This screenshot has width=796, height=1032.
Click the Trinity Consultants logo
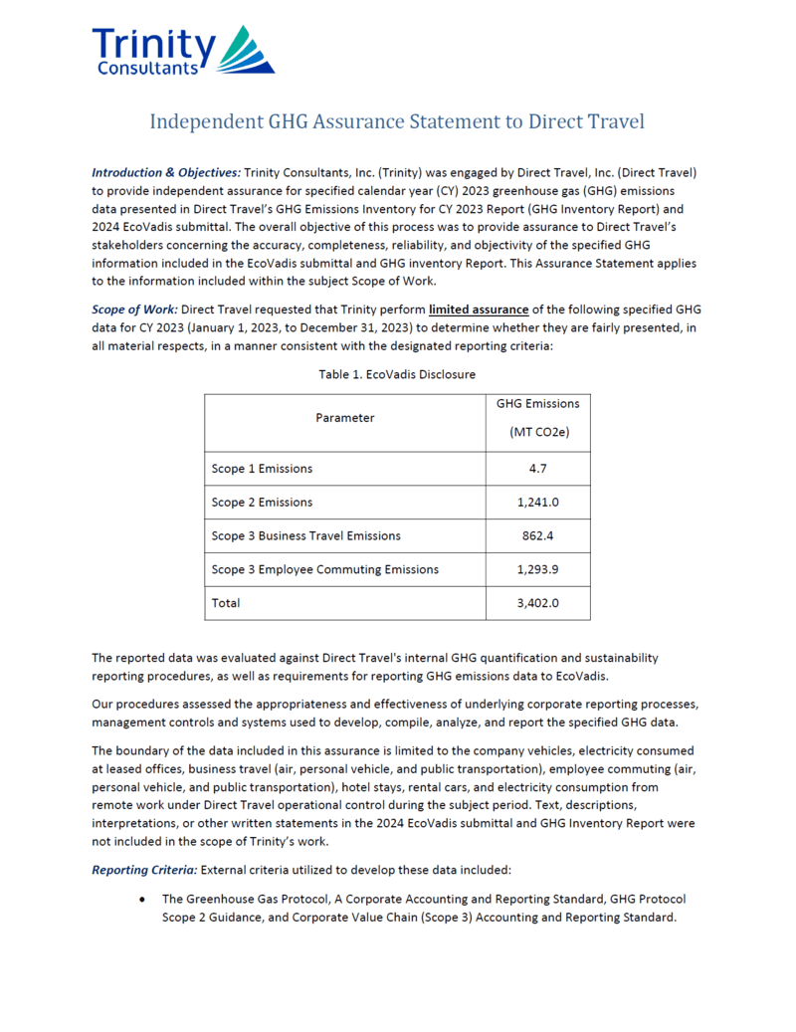[x=183, y=51]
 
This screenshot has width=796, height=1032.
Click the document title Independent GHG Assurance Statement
[x=397, y=121]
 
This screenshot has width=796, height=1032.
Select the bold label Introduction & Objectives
[x=166, y=172]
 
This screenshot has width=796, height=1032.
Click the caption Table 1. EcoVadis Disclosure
[x=397, y=374]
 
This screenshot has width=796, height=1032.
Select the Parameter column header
[x=344, y=418]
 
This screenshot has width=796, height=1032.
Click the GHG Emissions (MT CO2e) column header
[x=537, y=418]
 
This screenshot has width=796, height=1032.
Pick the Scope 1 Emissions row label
[x=262, y=469]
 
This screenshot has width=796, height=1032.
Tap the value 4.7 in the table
[x=537, y=469]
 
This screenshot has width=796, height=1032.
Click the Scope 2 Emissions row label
[x=262, y=503]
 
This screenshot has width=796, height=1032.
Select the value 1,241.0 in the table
[x=537, y=503]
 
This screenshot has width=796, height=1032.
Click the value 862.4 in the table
[x=537, y=536]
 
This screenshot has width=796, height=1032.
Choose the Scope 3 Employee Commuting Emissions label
[x=325, y=570]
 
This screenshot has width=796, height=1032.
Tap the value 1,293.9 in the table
[x=537, y=570]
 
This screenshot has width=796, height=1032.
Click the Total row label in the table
[x=226, y=603]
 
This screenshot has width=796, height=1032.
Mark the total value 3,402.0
[x=537, y=603]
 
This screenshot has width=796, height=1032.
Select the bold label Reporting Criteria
[x=144, y=870]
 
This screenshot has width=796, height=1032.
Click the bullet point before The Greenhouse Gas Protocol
[x=144, y=899]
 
